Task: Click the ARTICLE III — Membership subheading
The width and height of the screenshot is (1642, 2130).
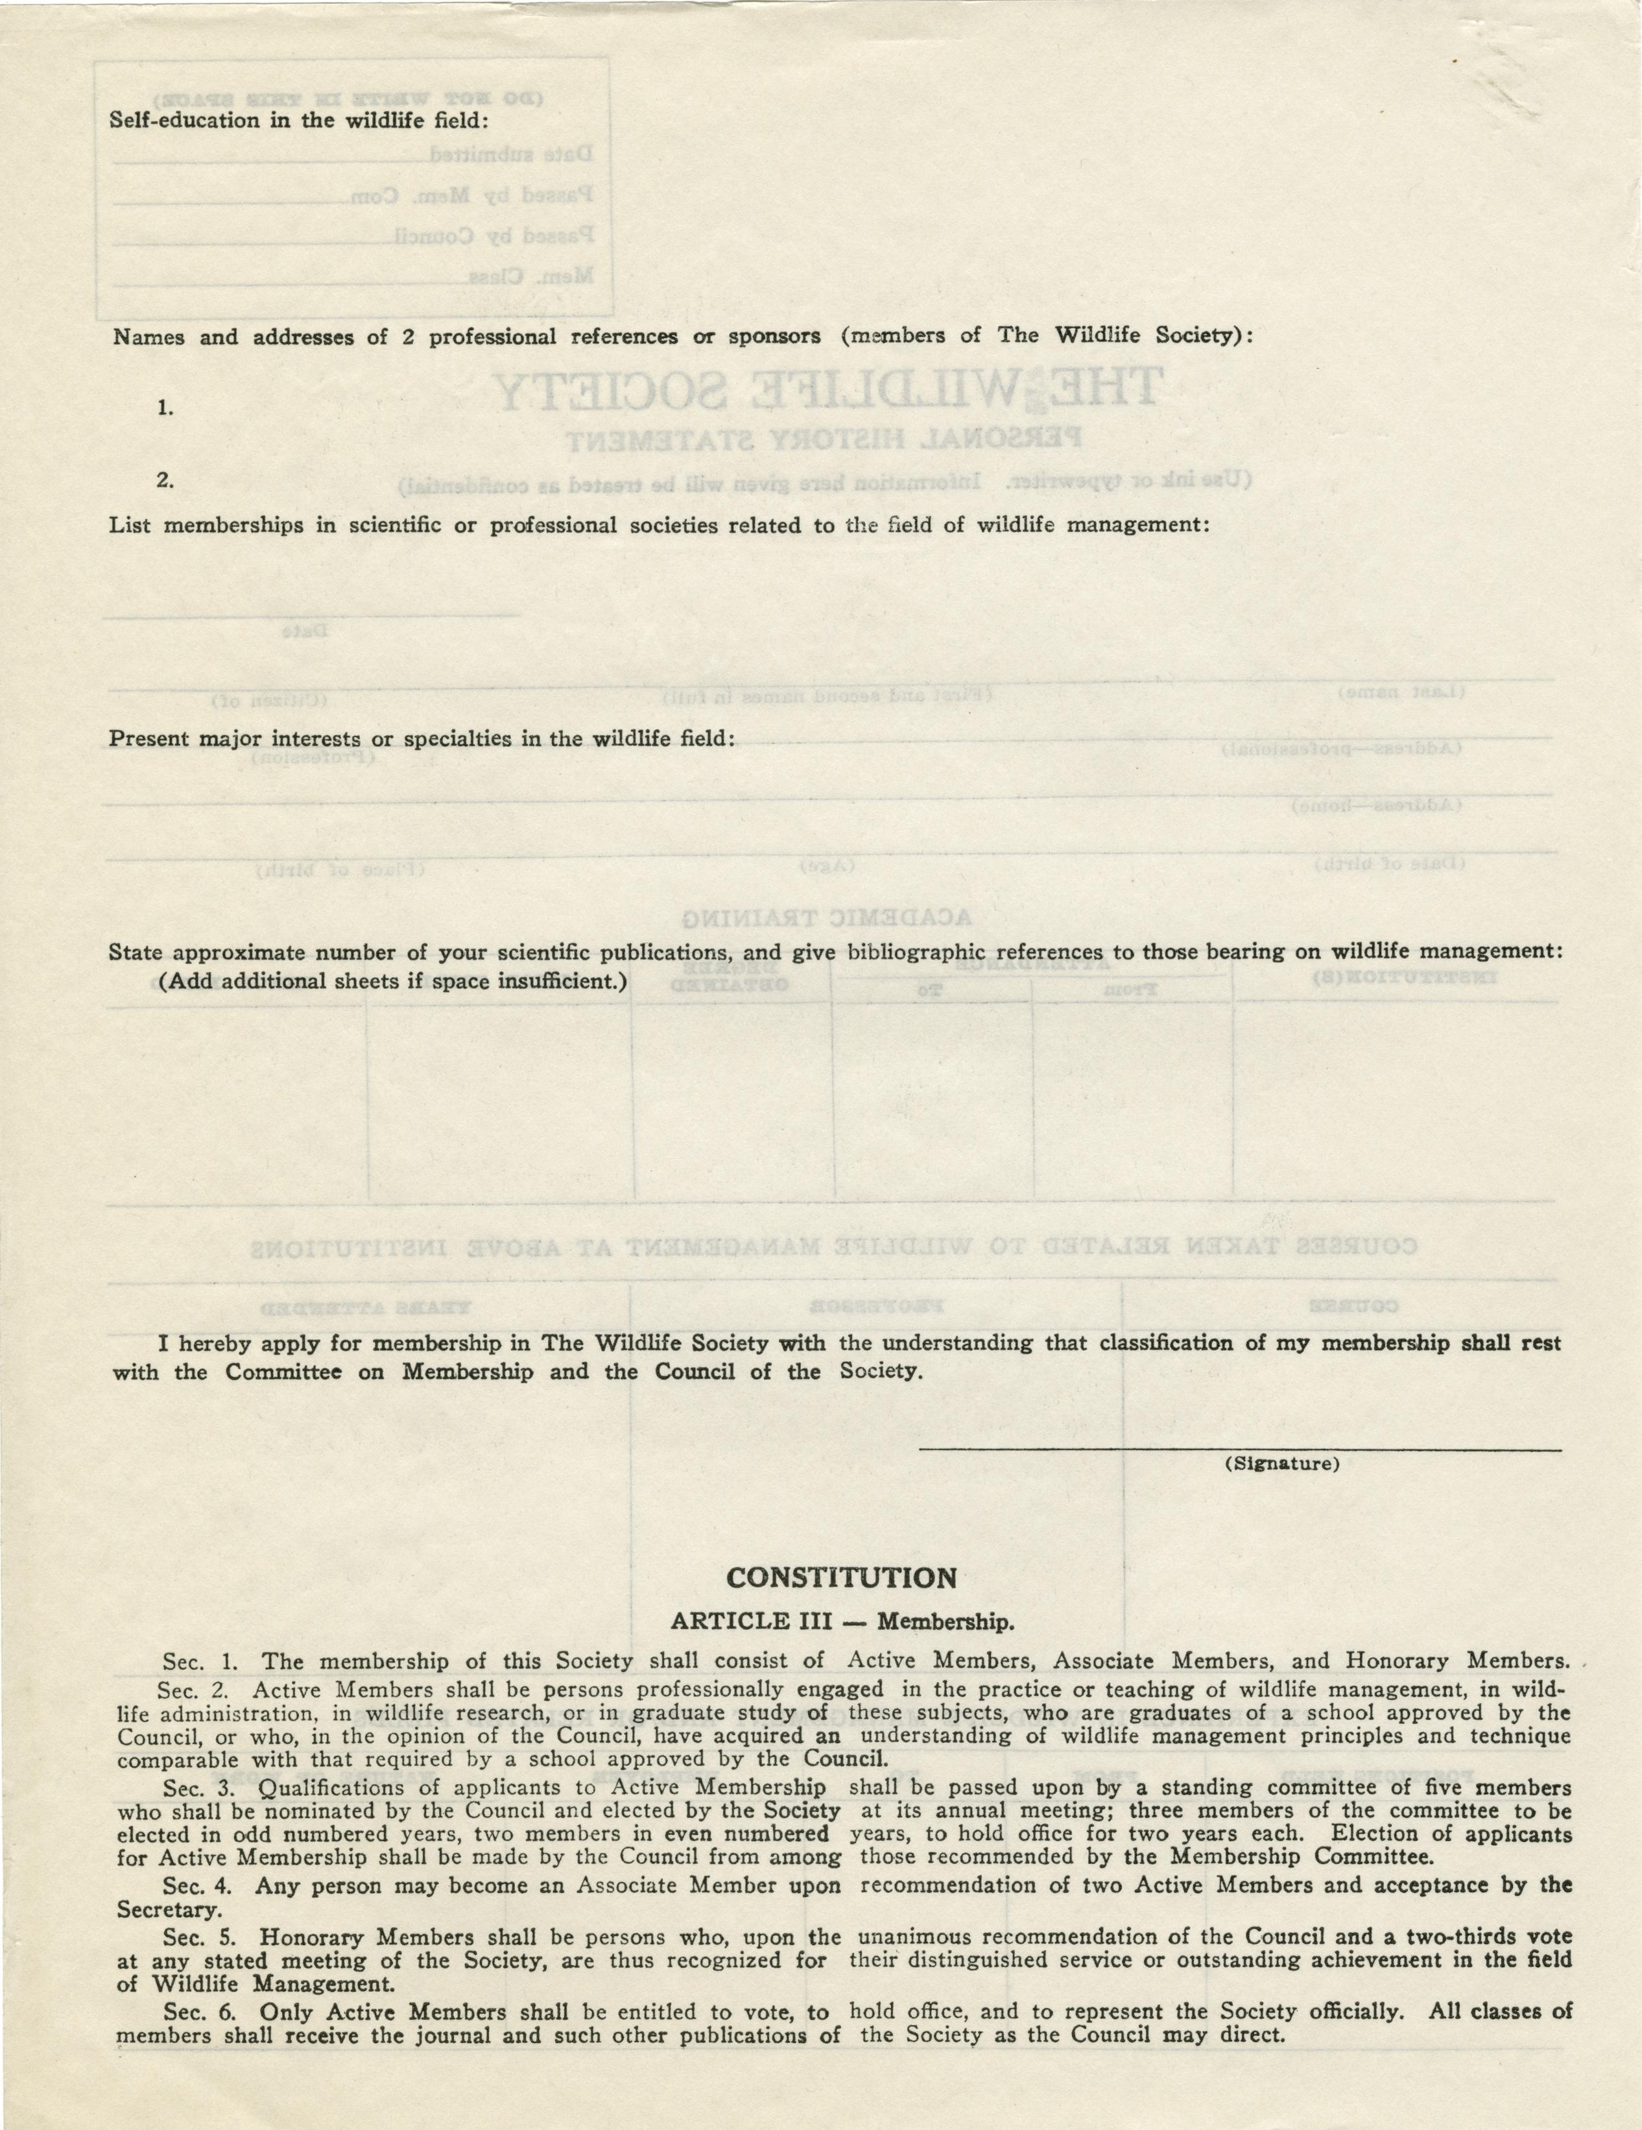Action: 842,1621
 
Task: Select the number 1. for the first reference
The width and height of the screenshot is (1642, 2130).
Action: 165,409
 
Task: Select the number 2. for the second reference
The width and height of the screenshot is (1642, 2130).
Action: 165,480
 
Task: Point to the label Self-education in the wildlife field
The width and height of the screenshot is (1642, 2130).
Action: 298,121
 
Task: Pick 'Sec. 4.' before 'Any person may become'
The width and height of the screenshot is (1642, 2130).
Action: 200,1885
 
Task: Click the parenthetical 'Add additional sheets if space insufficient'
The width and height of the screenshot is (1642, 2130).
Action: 392,980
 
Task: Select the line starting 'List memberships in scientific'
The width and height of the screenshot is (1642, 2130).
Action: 659,526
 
